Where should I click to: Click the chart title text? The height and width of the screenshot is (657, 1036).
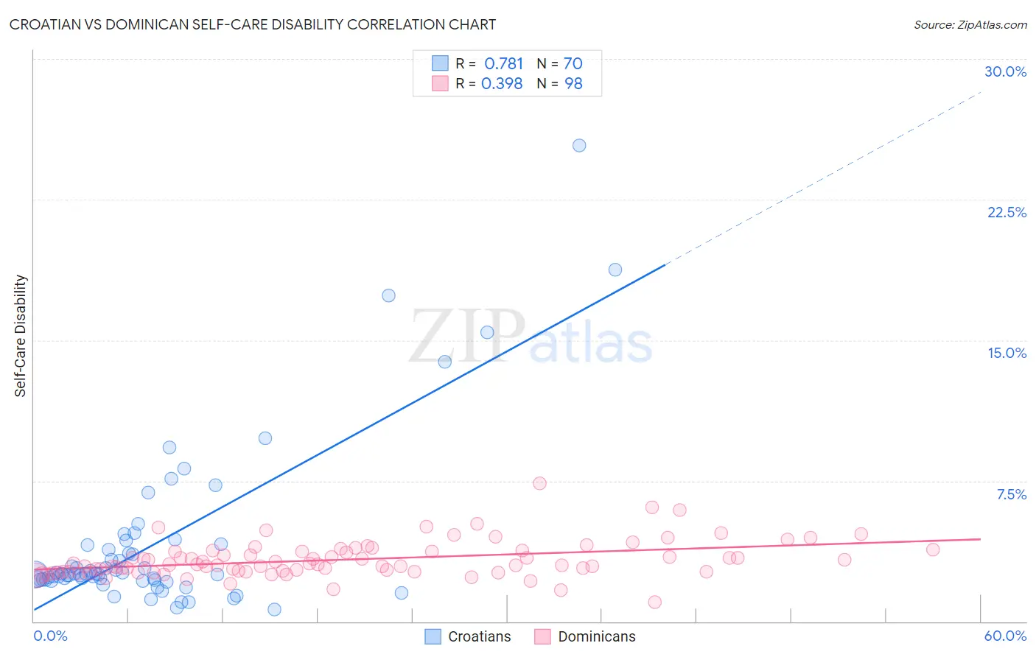pos(252,24)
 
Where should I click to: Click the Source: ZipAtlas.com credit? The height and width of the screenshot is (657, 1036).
pos(970,24)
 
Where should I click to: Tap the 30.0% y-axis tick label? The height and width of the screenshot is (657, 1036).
pos(1005,71)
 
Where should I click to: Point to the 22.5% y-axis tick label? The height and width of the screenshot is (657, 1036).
pos(1007,212)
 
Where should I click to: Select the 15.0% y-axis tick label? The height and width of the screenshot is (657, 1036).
pos(1007,353)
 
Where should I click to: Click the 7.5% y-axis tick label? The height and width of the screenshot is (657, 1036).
pos(1011,494)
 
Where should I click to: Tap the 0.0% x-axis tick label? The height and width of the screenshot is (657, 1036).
pos(50,636)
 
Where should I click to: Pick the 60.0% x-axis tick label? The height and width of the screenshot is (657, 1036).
pos(1005,636)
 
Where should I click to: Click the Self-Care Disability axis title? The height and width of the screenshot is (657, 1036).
pos(21,336)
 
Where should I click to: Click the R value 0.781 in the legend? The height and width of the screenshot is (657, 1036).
pos(503,63)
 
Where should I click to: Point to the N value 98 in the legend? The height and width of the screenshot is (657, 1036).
pos(573,83)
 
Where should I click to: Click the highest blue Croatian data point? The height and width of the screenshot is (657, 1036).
pos(579,145)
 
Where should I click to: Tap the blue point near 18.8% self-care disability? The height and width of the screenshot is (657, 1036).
pos(615,270)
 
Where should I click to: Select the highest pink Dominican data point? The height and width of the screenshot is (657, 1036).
pos(539,483)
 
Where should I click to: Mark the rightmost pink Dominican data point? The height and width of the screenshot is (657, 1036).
pos(933,549)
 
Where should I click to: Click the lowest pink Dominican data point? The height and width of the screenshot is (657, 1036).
pos(654,602)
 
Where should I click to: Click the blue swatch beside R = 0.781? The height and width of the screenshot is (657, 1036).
pos(440,63)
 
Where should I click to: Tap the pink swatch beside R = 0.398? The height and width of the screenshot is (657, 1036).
pos(440,83)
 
